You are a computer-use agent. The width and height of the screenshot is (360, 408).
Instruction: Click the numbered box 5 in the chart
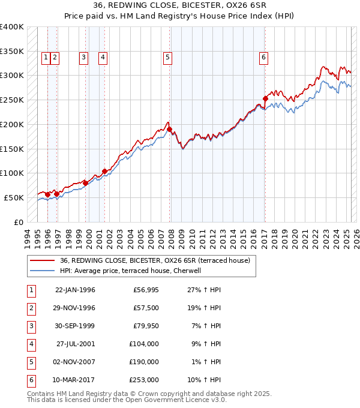click(167, 58)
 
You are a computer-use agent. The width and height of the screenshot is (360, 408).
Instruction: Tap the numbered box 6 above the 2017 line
click(263, 58)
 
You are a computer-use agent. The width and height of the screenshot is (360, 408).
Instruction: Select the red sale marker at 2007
click(169, 129)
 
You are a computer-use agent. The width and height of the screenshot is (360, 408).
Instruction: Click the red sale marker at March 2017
click(265, 98)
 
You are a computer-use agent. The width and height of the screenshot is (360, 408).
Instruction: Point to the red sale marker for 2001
click(104, 171)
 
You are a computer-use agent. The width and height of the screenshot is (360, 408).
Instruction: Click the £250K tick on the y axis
click(12, 100)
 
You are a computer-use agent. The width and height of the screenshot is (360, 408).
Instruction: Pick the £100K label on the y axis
click(12, 173)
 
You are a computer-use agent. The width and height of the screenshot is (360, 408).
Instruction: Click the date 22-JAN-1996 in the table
click(75, 290)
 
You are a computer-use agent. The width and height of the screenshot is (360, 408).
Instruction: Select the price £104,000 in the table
click(143, 344)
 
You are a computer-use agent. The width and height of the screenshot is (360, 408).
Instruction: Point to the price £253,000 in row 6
click(143, 380)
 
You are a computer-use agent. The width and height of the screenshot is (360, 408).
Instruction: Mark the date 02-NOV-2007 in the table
click(75, 362)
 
